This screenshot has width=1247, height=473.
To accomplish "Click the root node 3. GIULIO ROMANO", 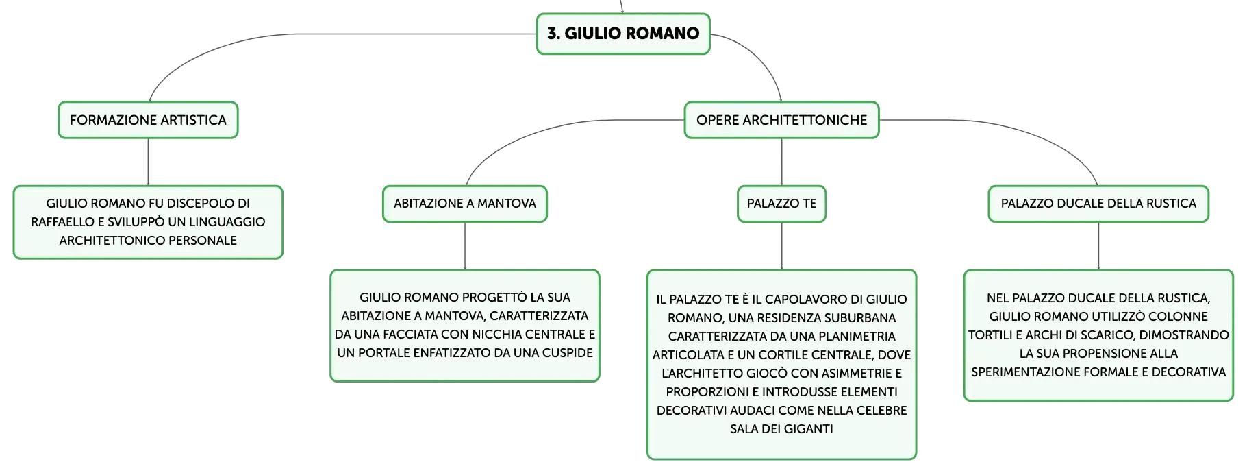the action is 623,34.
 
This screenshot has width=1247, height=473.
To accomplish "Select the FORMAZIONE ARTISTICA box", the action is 148,120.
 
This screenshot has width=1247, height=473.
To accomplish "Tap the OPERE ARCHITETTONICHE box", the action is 781,120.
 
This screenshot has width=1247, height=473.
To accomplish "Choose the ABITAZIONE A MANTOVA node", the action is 465,204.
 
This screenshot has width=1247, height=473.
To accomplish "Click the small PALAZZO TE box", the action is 781,204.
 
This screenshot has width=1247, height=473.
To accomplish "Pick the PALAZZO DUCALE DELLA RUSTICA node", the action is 1098,204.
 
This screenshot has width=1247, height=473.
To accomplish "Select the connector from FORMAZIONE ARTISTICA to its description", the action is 148,162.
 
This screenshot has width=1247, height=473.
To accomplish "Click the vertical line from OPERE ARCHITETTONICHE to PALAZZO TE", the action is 781,162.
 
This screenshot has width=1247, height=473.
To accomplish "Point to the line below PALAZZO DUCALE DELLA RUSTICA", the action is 1098,246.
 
